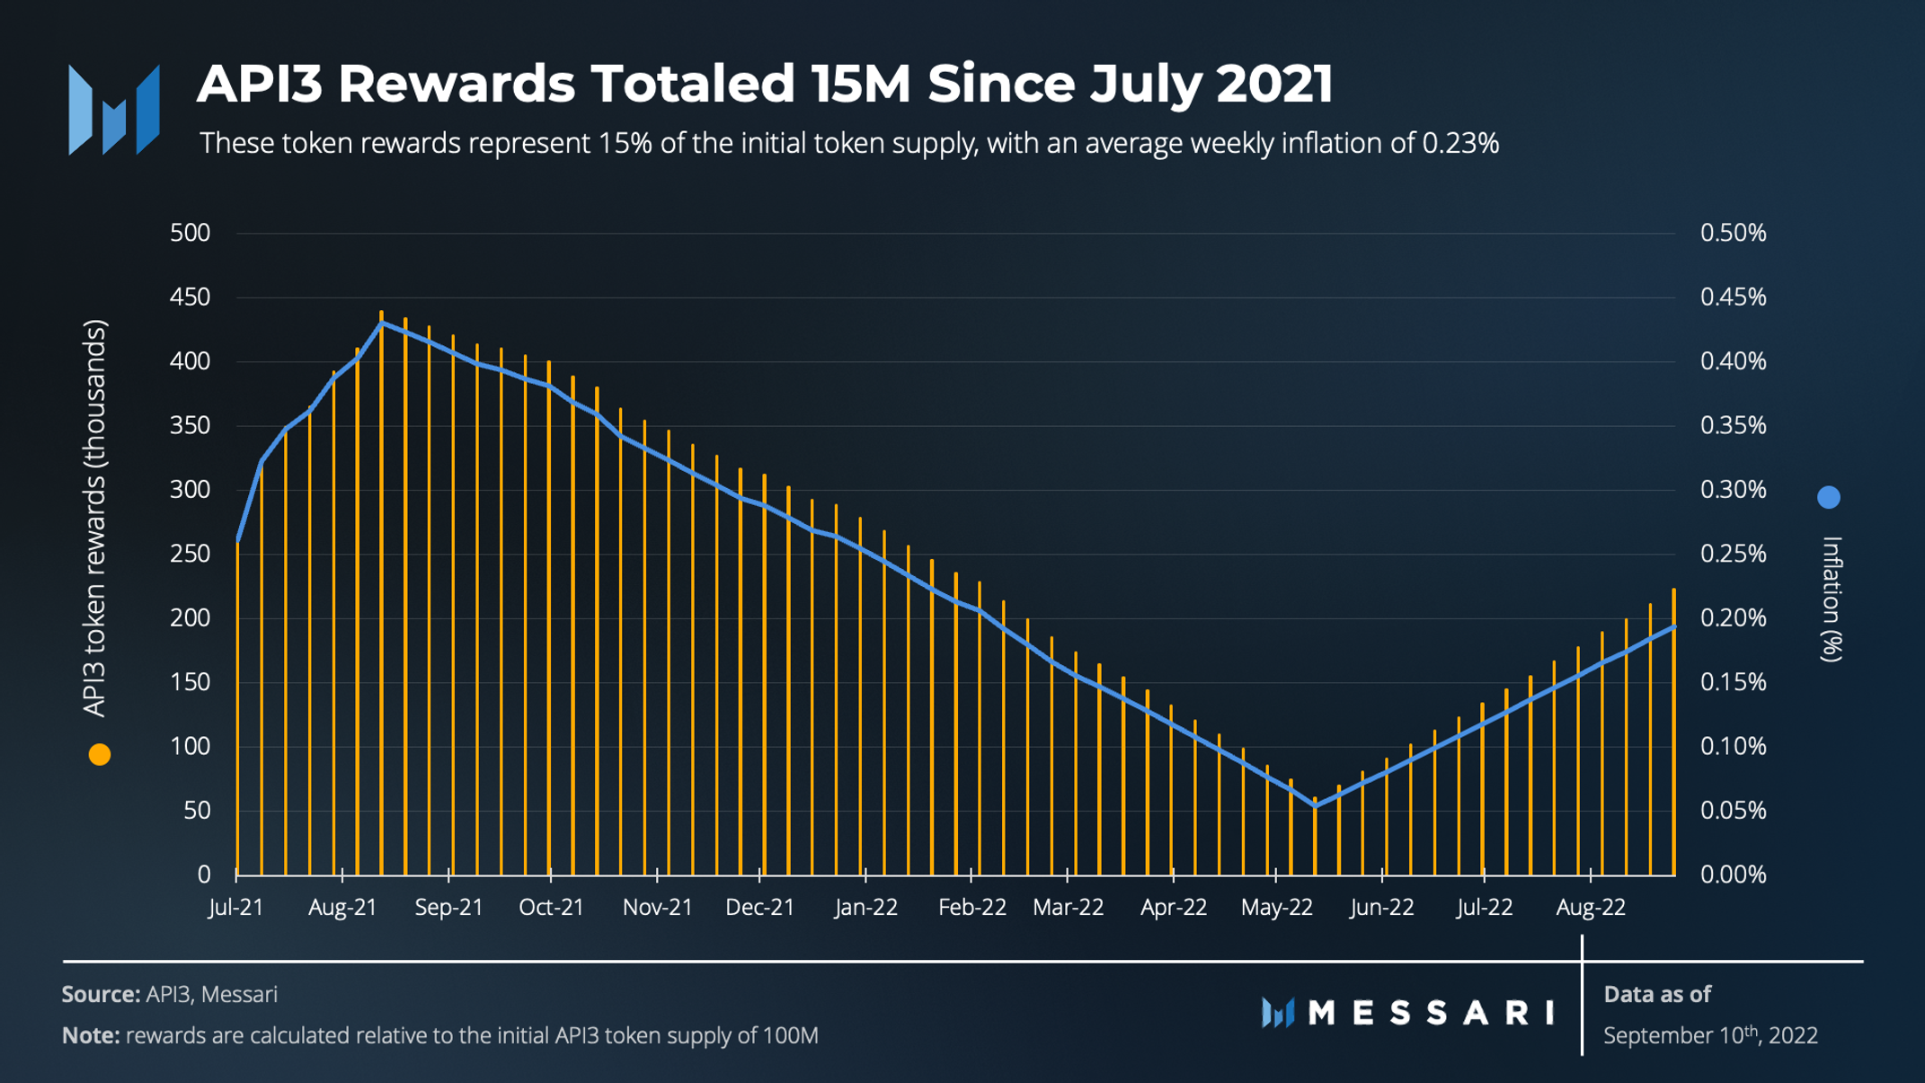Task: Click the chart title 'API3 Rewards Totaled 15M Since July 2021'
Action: pos(764,84)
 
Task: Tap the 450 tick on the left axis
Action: pos(190,297)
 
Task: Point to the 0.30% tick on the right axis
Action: pos(1733,490)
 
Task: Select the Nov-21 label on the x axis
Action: pos(658,908)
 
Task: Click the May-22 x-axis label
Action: pos(1276,908)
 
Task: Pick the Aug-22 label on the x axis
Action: pos(1590,908)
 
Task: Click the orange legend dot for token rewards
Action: pos(100,755)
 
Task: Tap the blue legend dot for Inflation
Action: pos(1828,497)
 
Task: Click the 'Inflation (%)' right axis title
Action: pos(1831,599)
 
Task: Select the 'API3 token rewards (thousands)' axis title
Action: pos(94,519)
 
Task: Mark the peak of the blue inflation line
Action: pos(382,322)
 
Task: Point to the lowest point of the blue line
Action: pos(1315,806)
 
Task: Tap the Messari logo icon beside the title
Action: pos(114,110)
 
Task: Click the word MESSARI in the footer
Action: pos(1431,1013)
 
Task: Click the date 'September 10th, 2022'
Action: pos(1710,1035)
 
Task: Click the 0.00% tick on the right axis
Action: pos(1733,874)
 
